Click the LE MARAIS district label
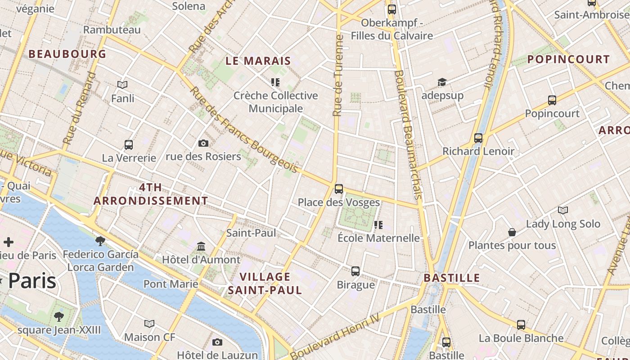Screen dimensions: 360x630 tap(258, 61)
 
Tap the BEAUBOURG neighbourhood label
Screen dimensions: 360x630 tap(67, 54)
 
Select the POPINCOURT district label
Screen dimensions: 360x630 tap(568, 59)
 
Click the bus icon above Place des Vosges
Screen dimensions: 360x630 tap(339, 189)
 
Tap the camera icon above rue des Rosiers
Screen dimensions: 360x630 tap(203, 143)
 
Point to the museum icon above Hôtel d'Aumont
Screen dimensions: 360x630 tap(201, 247)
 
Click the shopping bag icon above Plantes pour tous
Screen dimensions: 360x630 tap(512, 232)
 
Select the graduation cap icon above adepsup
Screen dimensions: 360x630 tap(442, 82)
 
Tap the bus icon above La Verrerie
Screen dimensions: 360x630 tap(129, 145)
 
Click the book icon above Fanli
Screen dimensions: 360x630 tap(122, 85)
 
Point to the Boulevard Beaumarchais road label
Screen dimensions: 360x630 tap(409, 135)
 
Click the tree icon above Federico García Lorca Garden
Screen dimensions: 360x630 tap(100, 241)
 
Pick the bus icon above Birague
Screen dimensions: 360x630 tap(355, 271)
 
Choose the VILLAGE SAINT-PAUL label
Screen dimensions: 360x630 tap(265, 283)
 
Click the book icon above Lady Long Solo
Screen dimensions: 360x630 tap(562, 210)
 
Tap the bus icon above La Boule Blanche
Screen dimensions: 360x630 tap(521, 324)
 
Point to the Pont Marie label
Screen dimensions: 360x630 tap(171, 284)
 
